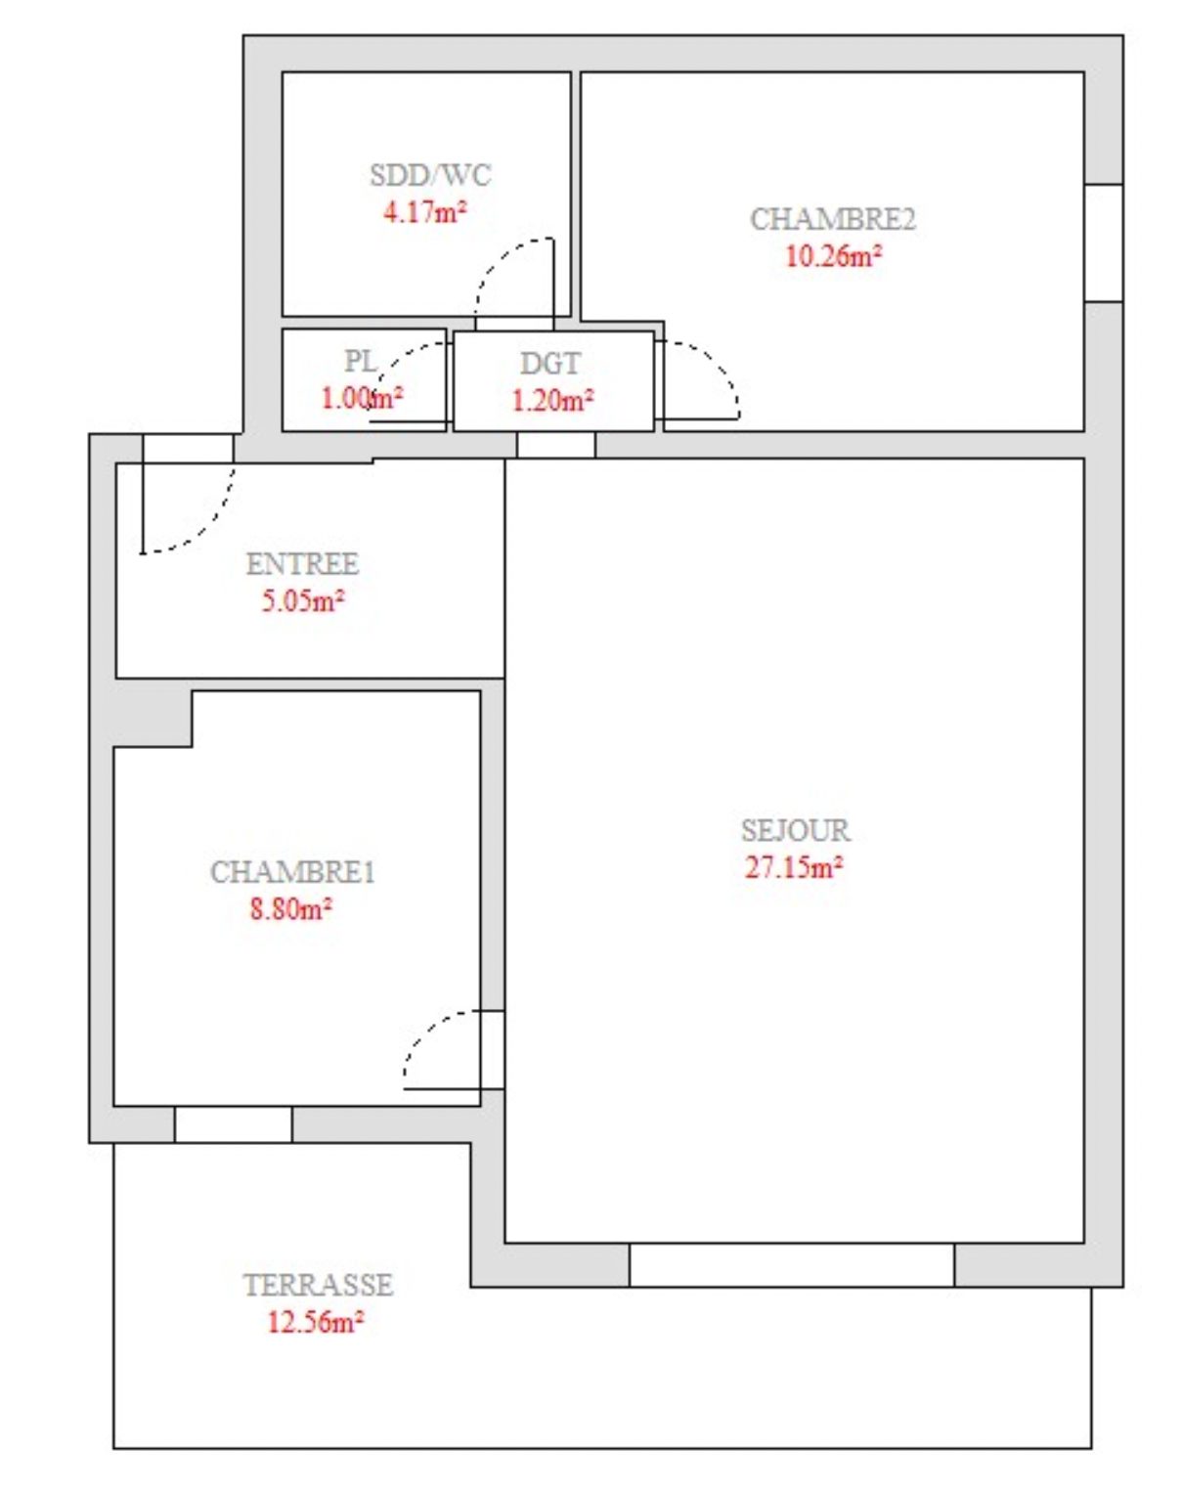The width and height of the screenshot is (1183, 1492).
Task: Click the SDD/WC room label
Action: tap(430, 175)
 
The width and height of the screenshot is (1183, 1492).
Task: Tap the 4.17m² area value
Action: tap(425, 211)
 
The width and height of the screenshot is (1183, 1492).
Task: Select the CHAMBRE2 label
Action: tap(833, 219)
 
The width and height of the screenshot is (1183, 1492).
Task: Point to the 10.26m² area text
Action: tap(834, 256)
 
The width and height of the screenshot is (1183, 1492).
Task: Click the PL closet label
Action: tap(361, 361)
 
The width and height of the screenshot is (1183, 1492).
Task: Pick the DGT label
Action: tap(549, 364)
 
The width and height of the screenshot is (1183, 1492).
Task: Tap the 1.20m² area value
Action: tap(552, 400)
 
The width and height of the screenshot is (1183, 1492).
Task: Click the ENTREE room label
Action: tap(302, 564)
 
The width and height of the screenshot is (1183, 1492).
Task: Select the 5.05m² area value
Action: tap(303, 600)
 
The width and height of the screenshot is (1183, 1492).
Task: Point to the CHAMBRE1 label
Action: tap(292, 872)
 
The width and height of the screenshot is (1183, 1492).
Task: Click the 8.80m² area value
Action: tap(291, 909)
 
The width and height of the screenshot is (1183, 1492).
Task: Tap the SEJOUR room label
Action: tap(796, 830)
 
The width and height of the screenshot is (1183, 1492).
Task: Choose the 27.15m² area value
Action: tap(794, 866)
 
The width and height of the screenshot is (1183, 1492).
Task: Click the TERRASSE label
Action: tap(318, 1285)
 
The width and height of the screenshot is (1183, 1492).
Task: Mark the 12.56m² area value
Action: tap(316, 1322)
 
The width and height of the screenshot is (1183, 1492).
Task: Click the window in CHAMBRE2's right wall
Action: tap(1104, 242)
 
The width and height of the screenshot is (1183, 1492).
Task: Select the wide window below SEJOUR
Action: tap(792, 1265)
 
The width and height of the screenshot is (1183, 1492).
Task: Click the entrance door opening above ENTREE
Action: tap(188, 449)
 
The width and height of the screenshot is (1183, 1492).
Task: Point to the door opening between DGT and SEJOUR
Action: tap(556, 445)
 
